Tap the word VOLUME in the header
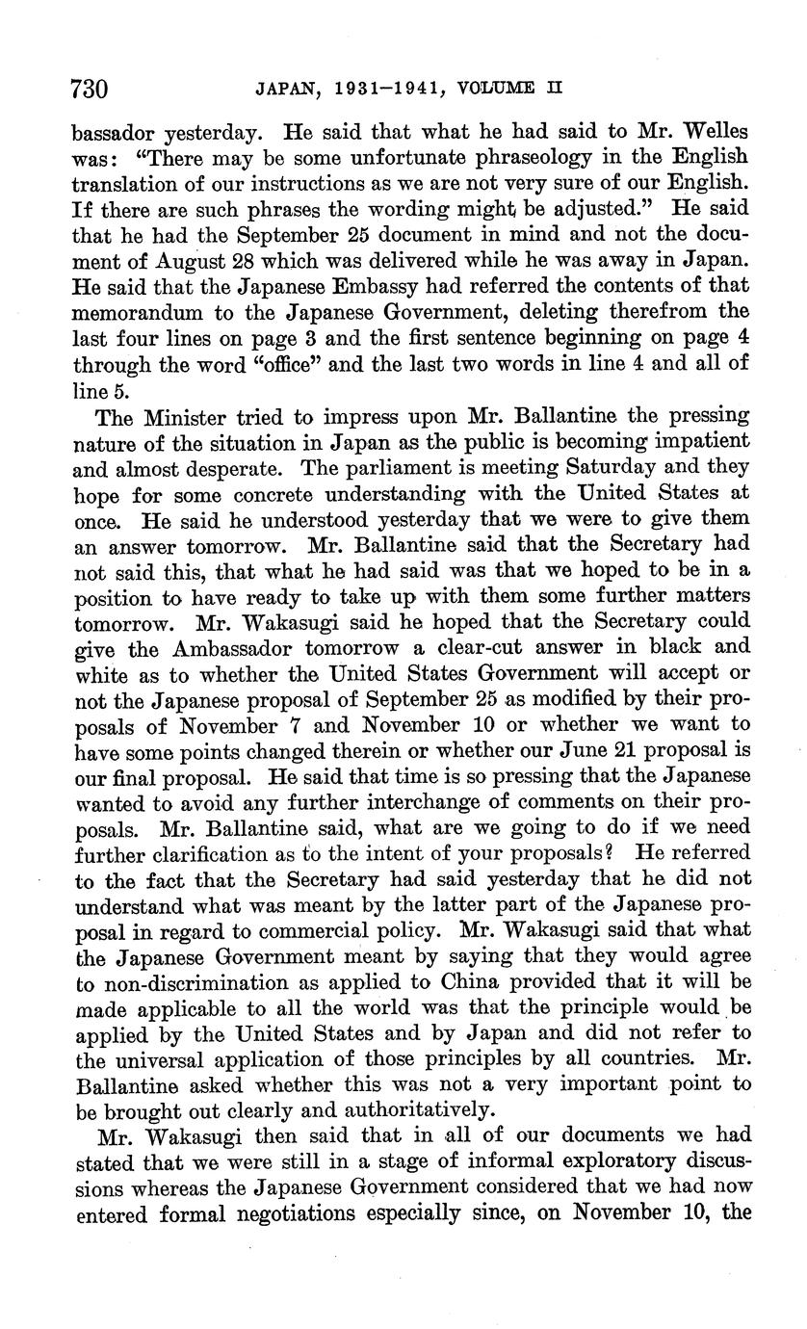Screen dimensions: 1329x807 click(x=496, y=89)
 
